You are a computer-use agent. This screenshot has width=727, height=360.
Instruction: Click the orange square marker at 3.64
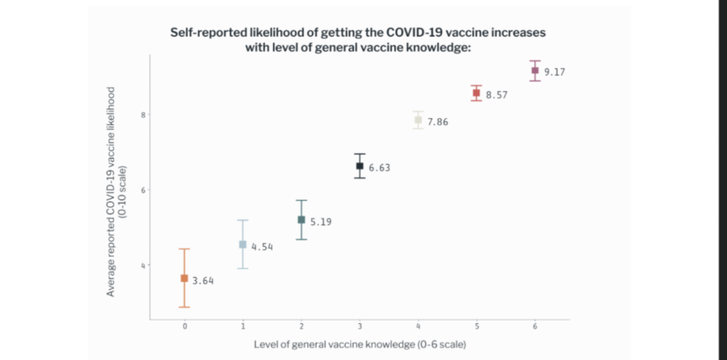[184, 278]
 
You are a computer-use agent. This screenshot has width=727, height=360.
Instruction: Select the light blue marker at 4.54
[242, 244]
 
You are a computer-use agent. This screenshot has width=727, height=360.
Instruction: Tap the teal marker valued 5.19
[301, 219]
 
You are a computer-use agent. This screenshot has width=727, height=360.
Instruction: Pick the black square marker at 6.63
[360, 165]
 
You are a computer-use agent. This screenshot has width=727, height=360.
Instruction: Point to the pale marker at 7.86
[418, 120]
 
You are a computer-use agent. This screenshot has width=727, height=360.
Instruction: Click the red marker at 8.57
[476, 93]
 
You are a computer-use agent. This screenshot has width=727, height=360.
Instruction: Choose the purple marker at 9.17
[535, 70]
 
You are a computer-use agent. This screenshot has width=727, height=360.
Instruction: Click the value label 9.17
[555, 72]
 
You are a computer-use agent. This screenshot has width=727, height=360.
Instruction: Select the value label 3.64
[203, 281]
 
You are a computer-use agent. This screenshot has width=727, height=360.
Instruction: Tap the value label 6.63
[379, 168]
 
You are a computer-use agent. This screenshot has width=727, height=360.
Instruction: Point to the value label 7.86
[438, 122]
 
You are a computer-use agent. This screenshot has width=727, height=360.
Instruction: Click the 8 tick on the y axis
[144, 115]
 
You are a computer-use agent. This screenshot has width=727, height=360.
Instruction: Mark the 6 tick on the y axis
[144, 190]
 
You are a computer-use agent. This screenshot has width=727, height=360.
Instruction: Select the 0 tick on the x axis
[184, 327]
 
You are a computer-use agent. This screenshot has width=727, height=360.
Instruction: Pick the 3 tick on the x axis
[360, 327]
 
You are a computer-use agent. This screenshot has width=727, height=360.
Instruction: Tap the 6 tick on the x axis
[535, 327]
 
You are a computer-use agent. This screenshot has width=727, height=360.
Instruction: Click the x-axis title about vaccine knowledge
[359, 344]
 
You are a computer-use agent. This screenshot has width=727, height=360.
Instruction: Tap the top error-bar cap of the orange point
[184, 249]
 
